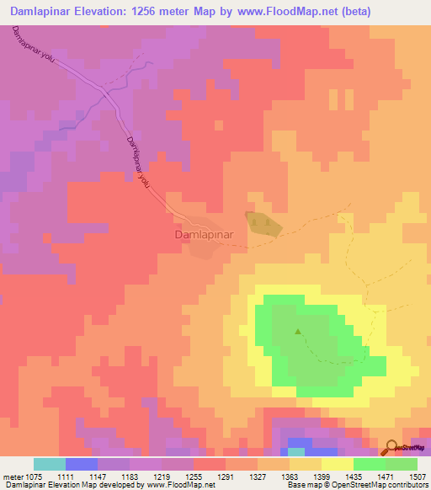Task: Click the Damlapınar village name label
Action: click(202, 235)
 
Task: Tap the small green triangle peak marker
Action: click(297, 331)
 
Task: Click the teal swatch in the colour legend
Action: click(50, 464)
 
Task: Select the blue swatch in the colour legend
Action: click(82, 464)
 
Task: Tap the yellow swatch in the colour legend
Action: click(338, 464)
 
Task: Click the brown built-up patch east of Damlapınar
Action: click(263, 222)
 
